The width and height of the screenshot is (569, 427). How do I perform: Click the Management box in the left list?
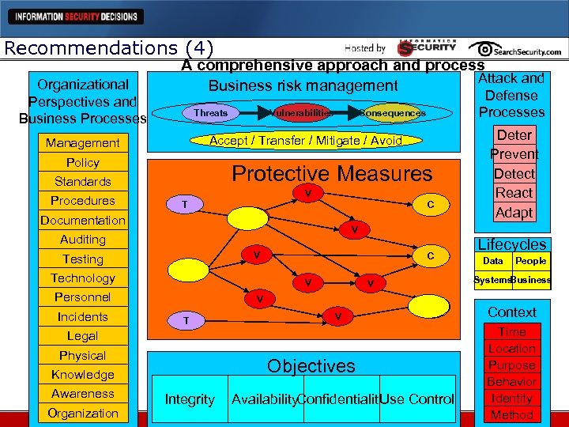83,143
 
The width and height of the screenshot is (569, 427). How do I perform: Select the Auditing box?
83,240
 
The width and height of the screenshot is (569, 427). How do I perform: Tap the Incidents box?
83,317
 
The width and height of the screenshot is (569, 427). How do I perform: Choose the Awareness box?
83,394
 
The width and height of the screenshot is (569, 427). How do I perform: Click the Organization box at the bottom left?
83,414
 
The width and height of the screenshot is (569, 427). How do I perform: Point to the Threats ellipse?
211,113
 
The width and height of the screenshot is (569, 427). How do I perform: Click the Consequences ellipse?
393,113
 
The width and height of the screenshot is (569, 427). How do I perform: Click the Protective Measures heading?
332,173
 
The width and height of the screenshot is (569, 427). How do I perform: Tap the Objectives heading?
311,366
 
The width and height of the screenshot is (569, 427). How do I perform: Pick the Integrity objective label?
190,400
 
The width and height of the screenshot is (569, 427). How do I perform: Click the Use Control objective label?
417,400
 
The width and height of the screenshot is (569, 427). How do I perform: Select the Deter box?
514,134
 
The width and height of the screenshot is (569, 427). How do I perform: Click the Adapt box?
514,213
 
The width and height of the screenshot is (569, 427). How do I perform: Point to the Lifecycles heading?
512,245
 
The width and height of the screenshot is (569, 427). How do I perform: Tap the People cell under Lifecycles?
531,261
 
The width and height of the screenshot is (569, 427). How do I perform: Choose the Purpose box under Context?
512,365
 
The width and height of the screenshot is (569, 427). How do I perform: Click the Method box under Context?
512,415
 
